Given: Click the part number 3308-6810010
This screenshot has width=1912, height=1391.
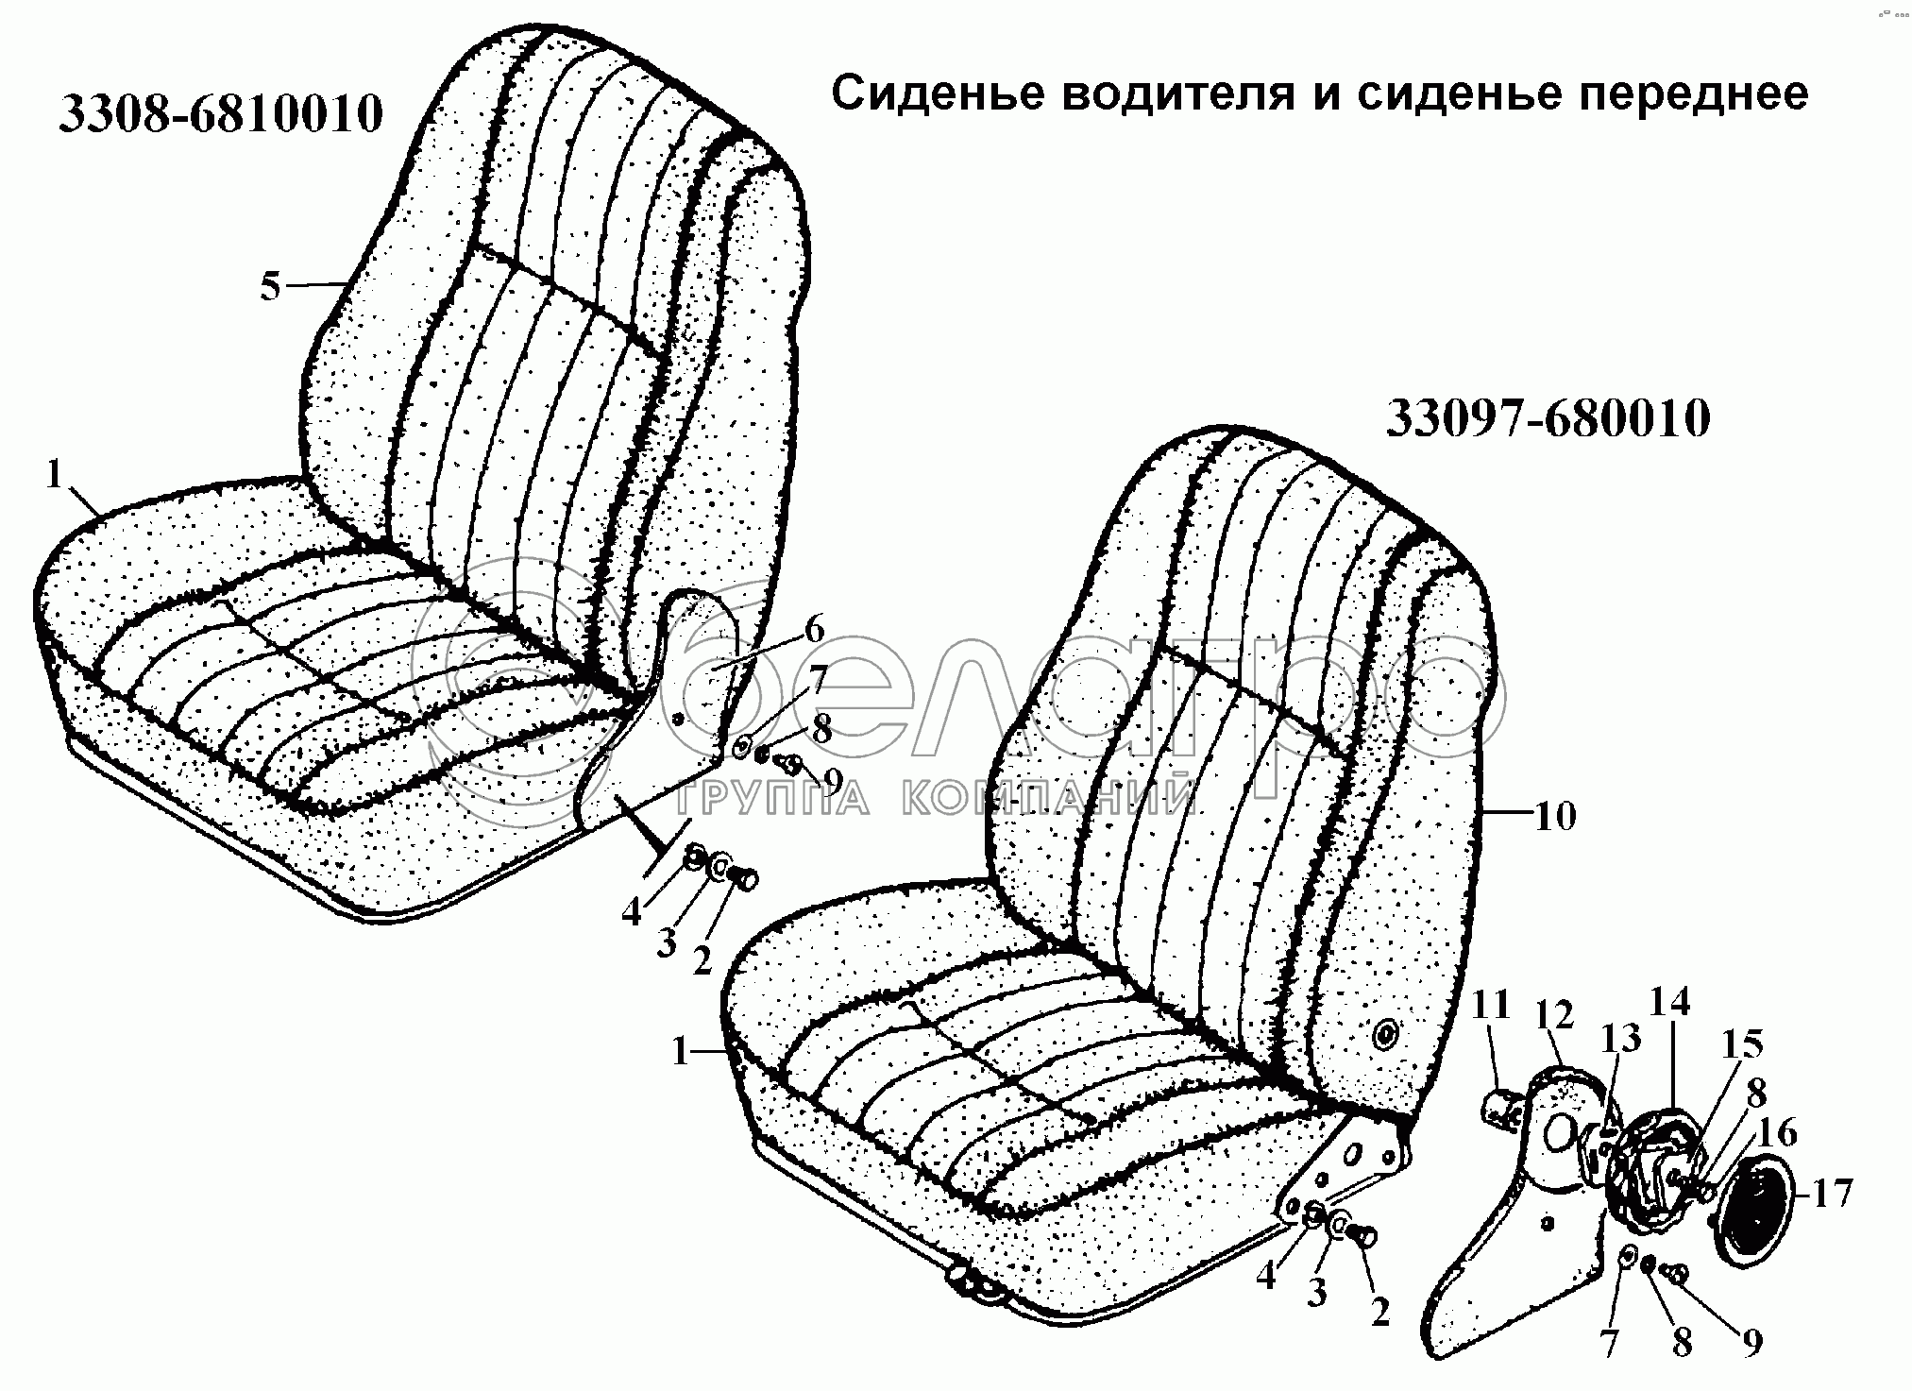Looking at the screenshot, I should (221, 113).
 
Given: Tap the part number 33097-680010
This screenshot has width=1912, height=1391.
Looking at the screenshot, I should (1548, 418).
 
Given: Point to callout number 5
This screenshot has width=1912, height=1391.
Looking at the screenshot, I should (270, 285).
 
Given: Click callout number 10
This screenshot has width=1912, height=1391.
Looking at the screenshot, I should (1555, 815).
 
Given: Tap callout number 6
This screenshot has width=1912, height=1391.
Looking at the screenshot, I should (814, 629).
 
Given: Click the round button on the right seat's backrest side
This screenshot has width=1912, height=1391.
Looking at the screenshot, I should (1385, 1036).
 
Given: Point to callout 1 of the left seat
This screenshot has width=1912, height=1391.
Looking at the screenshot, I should (54, 475).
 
